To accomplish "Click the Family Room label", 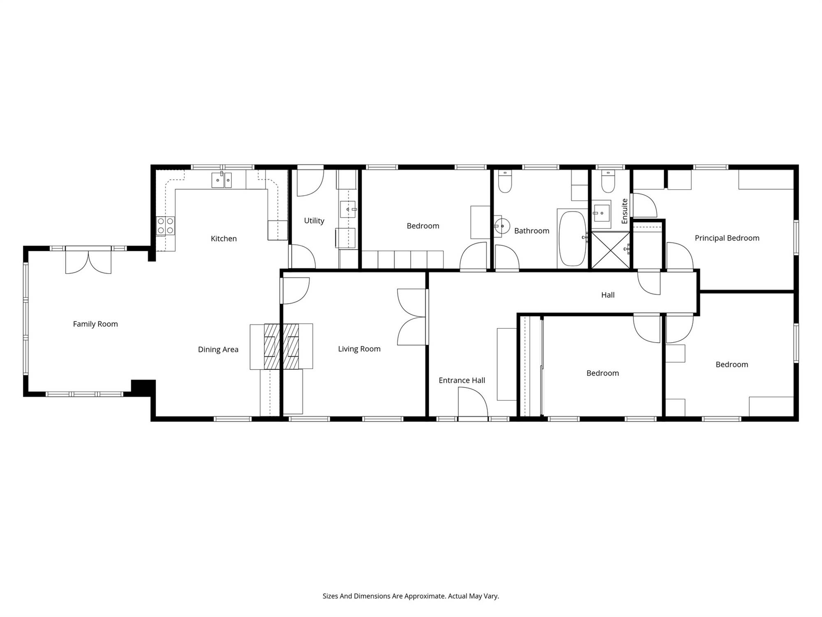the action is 95,324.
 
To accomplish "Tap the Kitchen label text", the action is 224,239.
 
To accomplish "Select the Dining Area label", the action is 218,350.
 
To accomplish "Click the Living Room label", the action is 359,349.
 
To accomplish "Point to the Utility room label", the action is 314,221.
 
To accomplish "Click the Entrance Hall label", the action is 462,380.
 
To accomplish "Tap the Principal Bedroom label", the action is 727,238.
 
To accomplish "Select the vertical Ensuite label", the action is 625,211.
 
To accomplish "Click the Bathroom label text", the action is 532,231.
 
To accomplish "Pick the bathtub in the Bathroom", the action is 573,239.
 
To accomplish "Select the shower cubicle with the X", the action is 611,250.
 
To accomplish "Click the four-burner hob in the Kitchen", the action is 165,226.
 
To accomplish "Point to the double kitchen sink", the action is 222,180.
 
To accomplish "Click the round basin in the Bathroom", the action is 502,226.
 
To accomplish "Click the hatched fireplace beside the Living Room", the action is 282,346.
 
